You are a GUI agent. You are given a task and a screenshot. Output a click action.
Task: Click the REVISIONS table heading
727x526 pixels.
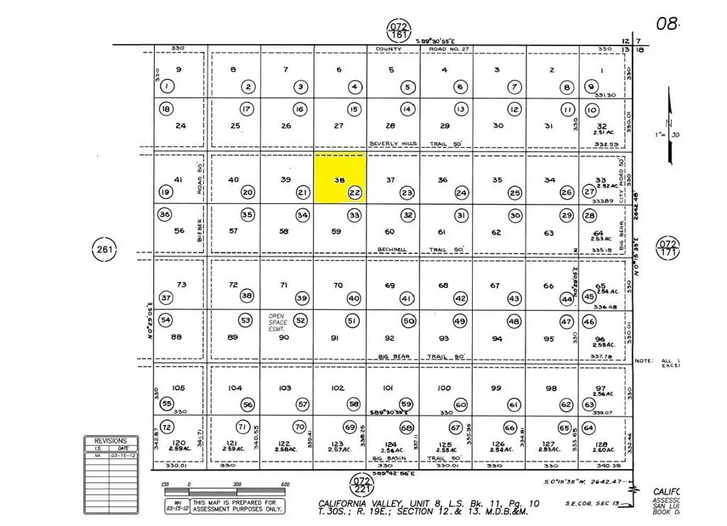click(x=111, y=441)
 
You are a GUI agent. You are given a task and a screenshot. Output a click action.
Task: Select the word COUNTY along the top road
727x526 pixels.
click(x=388, y=50)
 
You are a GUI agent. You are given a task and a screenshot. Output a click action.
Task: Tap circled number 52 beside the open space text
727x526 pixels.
click(x=300, y=321)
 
